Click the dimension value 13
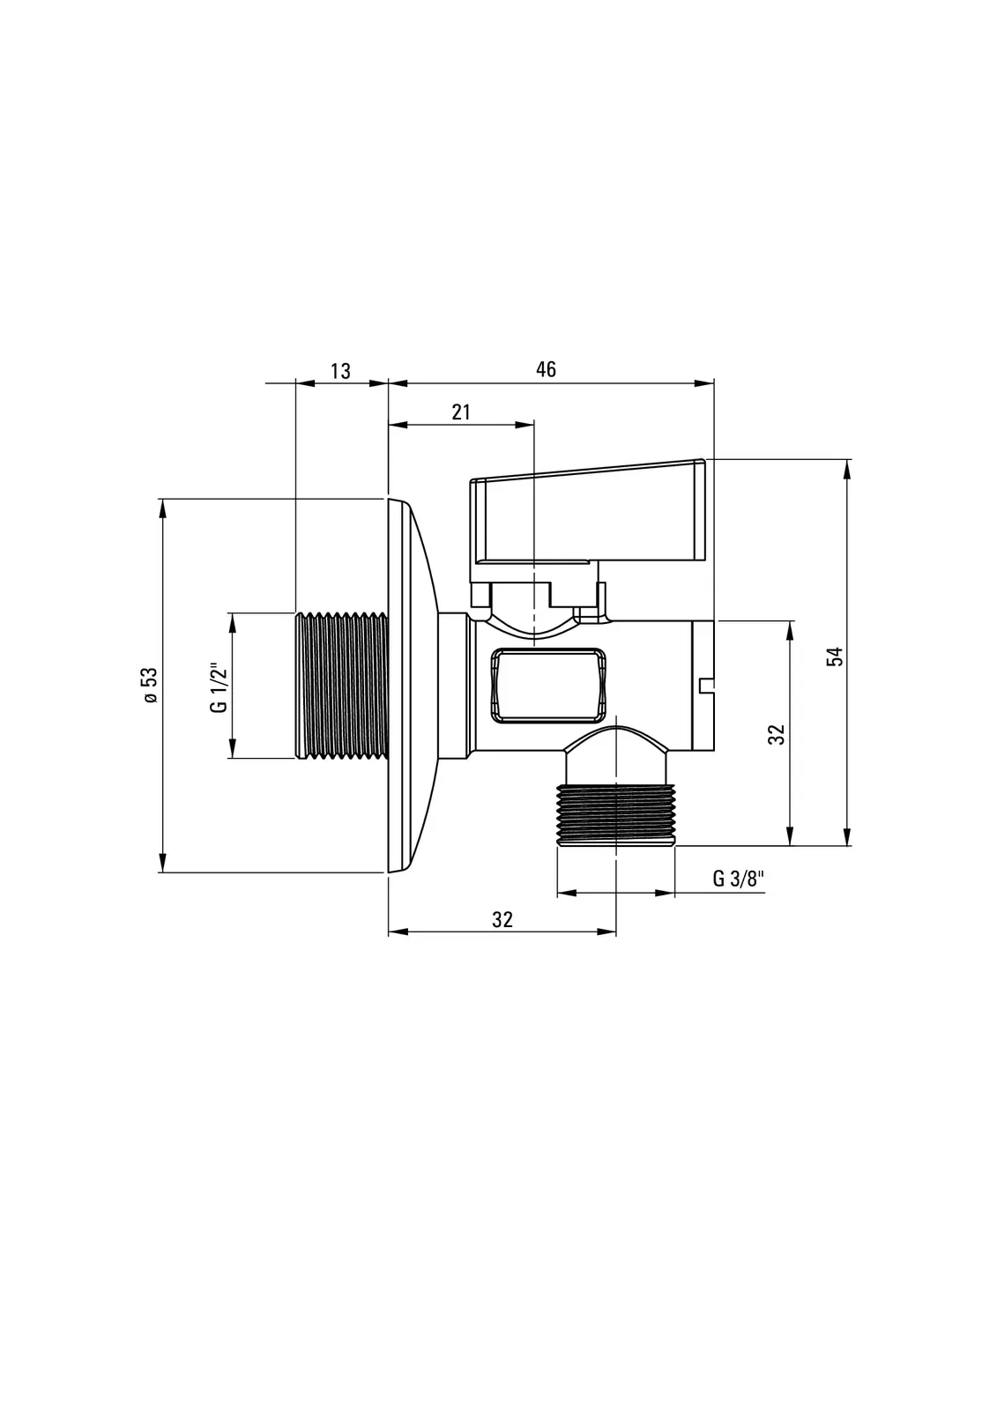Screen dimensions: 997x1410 pos(340,371)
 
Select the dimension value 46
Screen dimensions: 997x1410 pos(546,369)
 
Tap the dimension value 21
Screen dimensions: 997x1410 pos(461,412)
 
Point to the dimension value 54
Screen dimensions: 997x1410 pos(835,657)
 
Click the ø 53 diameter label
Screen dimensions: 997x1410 pos(150,685)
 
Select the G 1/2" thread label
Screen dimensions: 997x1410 pos(218,687)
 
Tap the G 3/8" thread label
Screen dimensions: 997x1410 pos(739,878)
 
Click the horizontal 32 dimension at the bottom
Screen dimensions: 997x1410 pos(502,920)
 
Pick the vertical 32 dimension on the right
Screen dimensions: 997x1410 pos(778,734)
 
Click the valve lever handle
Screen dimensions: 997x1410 pos(587,513)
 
